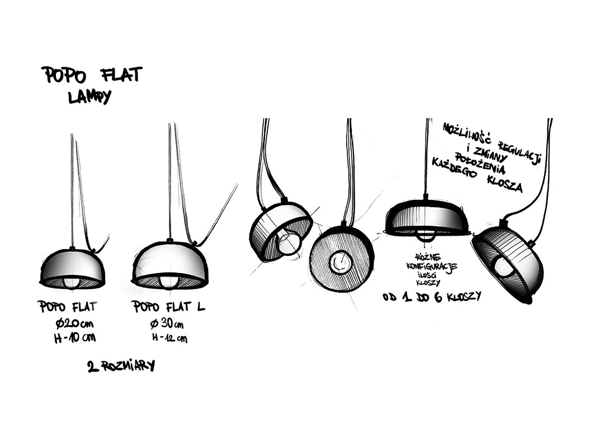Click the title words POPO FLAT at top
[92, 75]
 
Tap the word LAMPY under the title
[89, 97]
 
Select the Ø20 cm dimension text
[74, 324]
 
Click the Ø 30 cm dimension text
[167, 324]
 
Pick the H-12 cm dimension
[169, 338]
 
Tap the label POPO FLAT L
[168, 307]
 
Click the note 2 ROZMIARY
[121, 366]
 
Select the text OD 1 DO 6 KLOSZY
[431, 297]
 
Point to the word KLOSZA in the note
[504, 183]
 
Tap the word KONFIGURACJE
[432, 267]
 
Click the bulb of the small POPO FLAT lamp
[72, 281]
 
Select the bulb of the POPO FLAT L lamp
[169, 280]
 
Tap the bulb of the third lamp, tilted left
[289, 242]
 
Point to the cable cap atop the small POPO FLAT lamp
[72, 248]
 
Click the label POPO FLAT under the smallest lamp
[68, 307]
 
